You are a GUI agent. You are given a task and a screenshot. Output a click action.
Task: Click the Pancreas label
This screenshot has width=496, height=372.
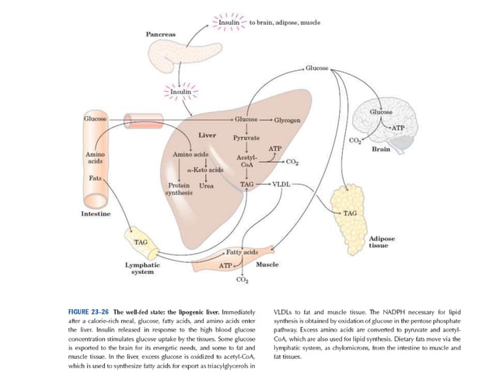[161, 34]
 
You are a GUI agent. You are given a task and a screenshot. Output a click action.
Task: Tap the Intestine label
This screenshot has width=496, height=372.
[96, 212]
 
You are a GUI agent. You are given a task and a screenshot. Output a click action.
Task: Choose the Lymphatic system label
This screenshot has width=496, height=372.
[142, 268]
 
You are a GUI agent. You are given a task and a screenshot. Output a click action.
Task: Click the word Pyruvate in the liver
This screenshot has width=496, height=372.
[246, 138]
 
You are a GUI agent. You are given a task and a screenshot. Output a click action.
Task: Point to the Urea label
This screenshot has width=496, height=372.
[207, 185]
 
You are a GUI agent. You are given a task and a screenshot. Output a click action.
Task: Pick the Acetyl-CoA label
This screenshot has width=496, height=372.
[246, 160]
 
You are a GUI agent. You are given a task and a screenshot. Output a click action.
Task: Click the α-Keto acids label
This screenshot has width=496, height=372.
[206, 168]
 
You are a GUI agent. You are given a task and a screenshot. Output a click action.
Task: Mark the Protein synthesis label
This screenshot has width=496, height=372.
[180, 189]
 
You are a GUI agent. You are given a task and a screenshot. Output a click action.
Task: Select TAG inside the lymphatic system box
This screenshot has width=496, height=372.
[141, 242]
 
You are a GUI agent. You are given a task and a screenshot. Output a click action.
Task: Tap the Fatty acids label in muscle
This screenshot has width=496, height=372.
[242, 252]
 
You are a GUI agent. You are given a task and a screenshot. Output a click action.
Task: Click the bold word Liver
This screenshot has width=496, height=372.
[207, 135]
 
